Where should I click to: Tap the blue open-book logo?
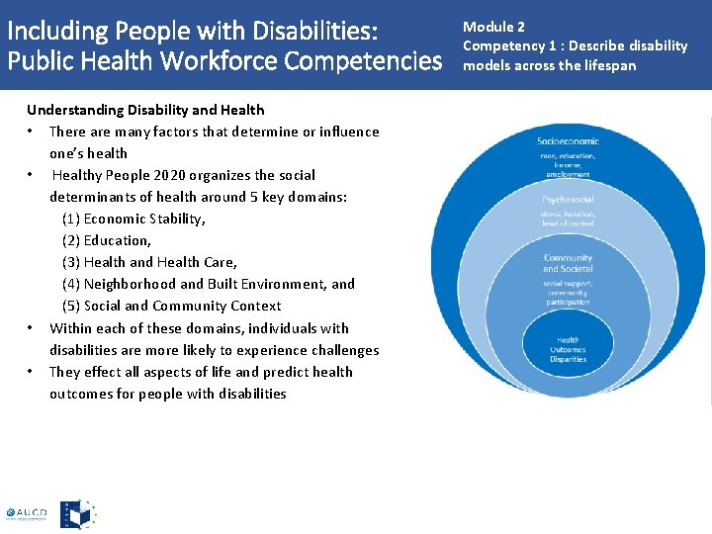pos(78,514)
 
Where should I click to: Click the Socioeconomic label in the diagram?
pos(568,141)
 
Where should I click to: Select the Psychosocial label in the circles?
pos(568,199)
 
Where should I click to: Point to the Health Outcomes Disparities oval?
pos(568,349)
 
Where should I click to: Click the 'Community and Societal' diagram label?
pos(568,263)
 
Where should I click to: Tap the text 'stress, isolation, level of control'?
pos(568,218)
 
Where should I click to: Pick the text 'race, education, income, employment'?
pos(568,164)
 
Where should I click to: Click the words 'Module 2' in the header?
pos(493,27)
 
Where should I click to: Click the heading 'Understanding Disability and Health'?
pos(145,110)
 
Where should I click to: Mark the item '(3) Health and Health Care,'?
pos(149,262)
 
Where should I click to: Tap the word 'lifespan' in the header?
pos(610,65)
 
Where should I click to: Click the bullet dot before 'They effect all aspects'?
pos(33,372)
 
